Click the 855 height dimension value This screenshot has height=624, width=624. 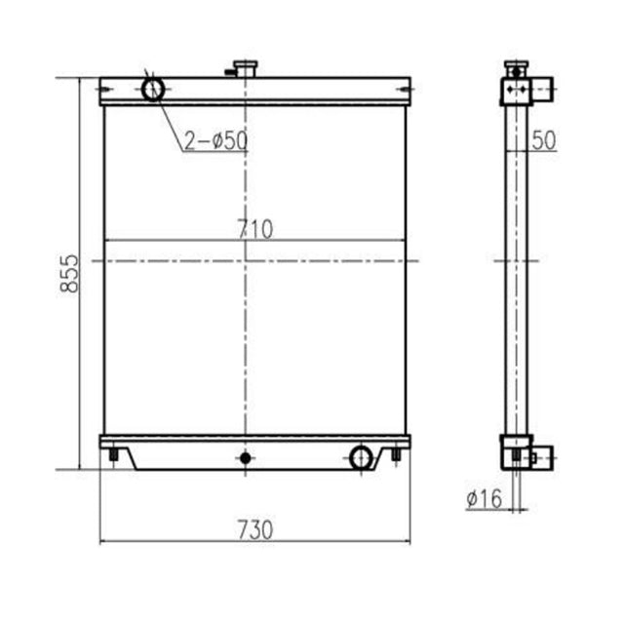(x=66, y=274)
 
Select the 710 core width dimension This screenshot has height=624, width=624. (x=254, y=229)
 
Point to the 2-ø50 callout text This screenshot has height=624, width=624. (x=215, y=140)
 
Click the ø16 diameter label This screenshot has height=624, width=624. (x=484, y=499)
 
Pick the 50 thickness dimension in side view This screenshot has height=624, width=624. (x=544, y=140)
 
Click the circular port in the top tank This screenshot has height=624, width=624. (x=153, y=90)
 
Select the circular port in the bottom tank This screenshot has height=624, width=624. (x=362, y=455)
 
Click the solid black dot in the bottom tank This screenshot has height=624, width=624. (x=246, y=456)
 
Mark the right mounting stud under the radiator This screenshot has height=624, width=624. (x=394, y=455)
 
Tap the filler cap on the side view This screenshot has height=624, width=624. (x=515, y=68)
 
